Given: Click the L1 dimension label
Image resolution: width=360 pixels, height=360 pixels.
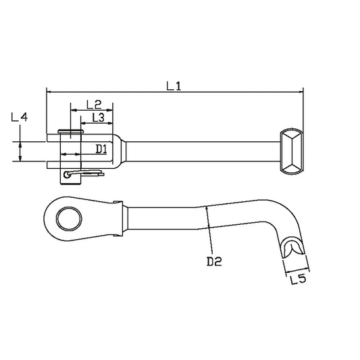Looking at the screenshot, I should [x=175, y=86].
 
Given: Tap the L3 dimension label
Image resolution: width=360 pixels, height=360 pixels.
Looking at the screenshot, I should [x=97, y=118].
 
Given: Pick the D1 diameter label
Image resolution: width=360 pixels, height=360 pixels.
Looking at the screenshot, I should [x=100, y=148].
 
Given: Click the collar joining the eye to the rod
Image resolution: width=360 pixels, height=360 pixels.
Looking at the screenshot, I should [x=120, y=218].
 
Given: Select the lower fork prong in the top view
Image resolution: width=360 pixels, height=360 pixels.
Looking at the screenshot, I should [x=53, y=162].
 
